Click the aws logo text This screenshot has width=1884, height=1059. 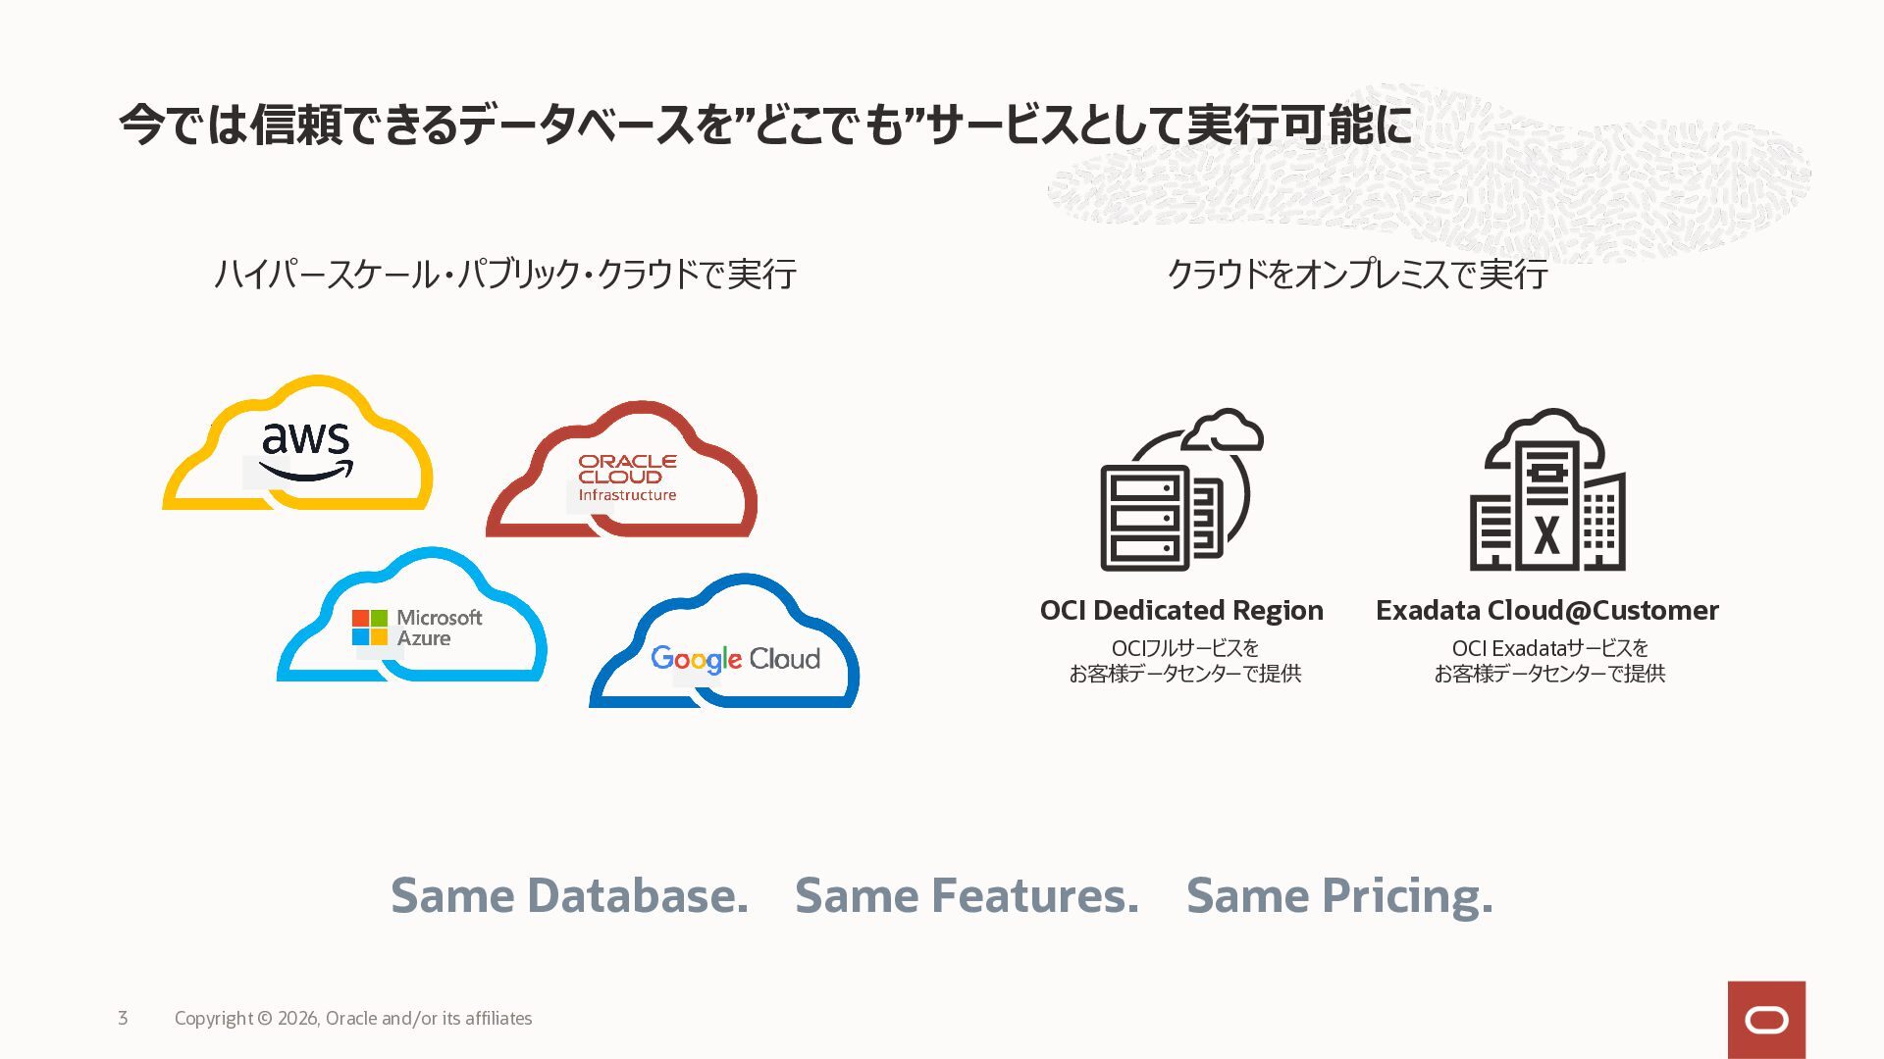pyautogui.click(x=306, y=451)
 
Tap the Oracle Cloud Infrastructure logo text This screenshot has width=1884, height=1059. pyautogui.click(x=627, y=478)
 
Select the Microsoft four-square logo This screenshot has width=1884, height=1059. pyautogui.click(x=370, y=628)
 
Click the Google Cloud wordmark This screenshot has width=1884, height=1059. pyautogui.click(x=736, y=659)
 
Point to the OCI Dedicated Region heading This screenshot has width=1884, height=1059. pyautogui.click(x=1181, y=610)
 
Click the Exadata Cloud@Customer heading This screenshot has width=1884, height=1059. pyautogui.click(x=1547, y=610)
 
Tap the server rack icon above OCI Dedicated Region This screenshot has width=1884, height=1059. pyautogui.click(x=1182, y=489)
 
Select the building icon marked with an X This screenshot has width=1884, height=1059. pyautogui.click(x=1547, y=489)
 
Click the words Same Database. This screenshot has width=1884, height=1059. pyautogui.click(x=569, y=895)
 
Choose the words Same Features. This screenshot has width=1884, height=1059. pyautogui.click(x=967, y=895)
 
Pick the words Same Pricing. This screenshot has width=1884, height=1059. pyautogui.click(x=1339, y=896)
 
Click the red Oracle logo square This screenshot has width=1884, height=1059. pyautogui.click(x=1766, y=1020)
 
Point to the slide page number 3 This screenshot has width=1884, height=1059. pyautogui.click(x=123, y=1018)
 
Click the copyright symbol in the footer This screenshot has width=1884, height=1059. pyautogui.click(x=265, y=1019)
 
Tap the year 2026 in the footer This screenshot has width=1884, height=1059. pyautogui.click(x=298, y=1019)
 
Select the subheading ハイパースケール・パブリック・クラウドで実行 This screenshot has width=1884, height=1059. pyautogui.click(x=505, y=274)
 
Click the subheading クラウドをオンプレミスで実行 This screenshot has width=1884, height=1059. pyautogui.click(x=1357, y=274)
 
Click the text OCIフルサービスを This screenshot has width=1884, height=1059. pyautogui.click(x=1184, y=648)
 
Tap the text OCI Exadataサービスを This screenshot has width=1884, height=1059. pyautogui.click(x=1549, y=648)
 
